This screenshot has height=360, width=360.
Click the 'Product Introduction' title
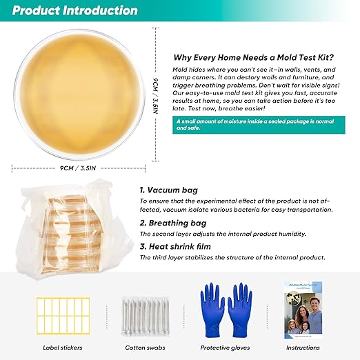pos(74,11)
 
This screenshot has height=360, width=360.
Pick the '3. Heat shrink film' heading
pos(176,246)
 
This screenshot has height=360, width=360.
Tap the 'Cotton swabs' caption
pos(145,348)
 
